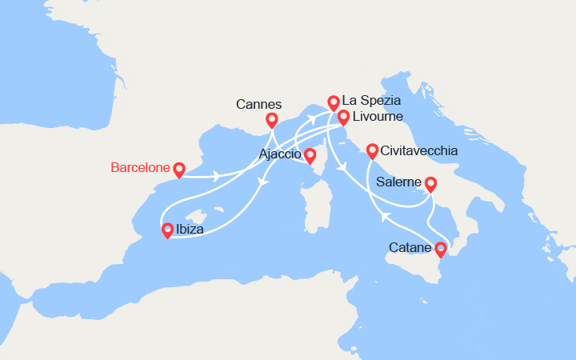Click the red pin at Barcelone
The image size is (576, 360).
coord(179,169)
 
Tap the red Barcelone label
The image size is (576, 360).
coord(140,168)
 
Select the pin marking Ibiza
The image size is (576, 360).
coord(168,230)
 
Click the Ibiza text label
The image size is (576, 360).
coord(190,230)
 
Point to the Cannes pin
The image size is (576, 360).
coord(271,120)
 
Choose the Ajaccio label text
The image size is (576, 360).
coord(280,154)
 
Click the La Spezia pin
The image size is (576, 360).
coord(334,102)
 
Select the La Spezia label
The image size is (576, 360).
coord(370,102)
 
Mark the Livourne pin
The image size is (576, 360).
coord(343,117)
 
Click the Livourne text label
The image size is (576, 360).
coord(378,117)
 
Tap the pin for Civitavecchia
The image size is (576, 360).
coord(372,150)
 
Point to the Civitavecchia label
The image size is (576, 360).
coord(419,150)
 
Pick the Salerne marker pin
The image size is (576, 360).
coord(430,184)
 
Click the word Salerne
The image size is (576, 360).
coord(399,183)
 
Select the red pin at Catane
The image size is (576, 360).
coord(440,249)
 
